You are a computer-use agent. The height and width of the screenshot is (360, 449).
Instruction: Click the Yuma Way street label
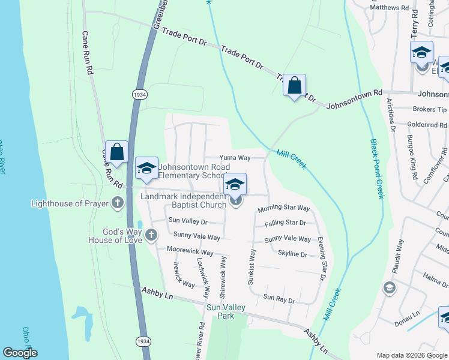point(235,158)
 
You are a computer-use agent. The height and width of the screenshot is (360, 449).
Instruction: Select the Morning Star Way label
point(283,209)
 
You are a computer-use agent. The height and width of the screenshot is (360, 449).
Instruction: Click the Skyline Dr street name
point(292,254)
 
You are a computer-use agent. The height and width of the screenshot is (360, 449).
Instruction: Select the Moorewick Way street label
point(190,253)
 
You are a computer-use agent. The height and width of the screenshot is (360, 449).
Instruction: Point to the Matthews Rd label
point(394,8)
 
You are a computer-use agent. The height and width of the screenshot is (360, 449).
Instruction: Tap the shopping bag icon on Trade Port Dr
point(294,85)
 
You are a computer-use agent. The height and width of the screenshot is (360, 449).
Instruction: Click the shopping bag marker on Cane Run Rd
point(116,152)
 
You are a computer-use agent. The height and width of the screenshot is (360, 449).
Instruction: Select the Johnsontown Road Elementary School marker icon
point(146,169)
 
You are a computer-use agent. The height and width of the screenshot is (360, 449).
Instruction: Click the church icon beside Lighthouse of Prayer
point(117,203)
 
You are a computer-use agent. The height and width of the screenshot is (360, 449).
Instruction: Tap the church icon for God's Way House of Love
point(151,235)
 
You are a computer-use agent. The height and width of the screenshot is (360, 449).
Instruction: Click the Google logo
point(20,353)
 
